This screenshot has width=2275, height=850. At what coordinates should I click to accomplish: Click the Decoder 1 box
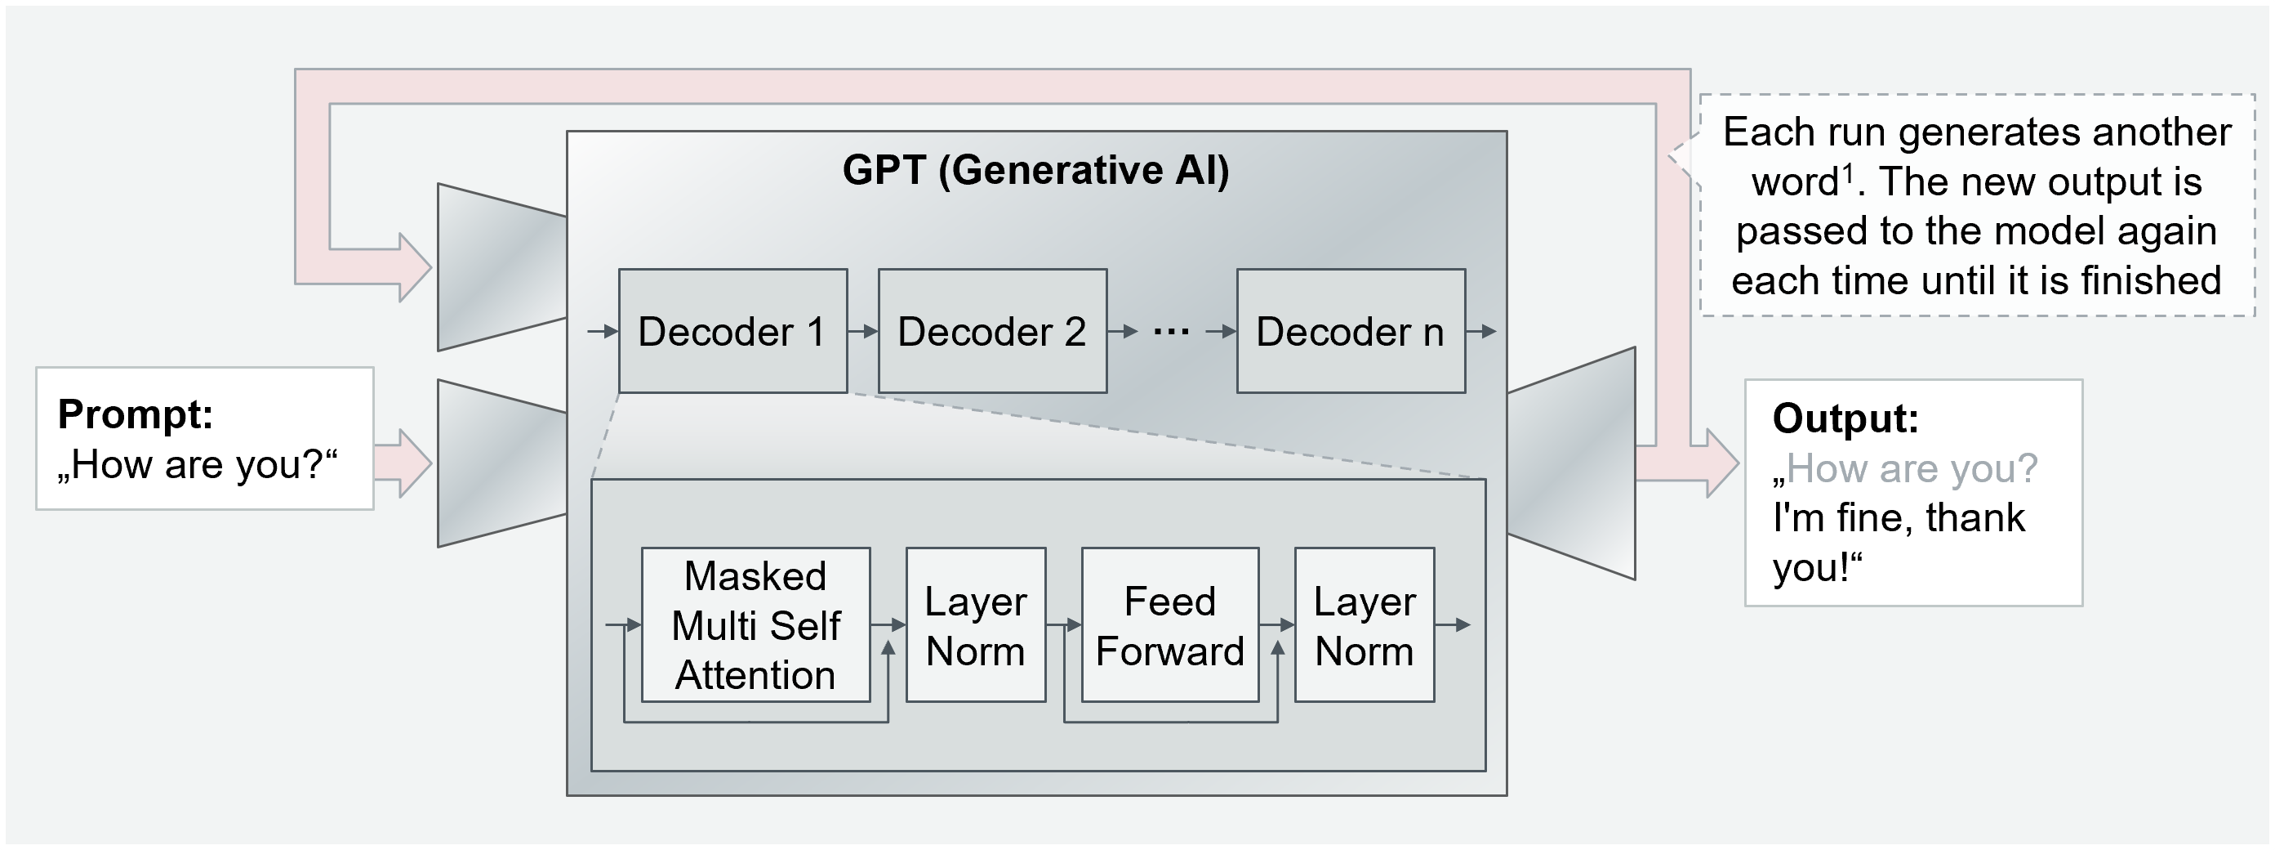pyautogui.click(x=732, y=330)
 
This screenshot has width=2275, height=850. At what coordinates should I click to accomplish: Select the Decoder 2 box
pyautogui.click(x=992, y=330)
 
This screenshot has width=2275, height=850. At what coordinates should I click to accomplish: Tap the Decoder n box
pyautogui.click(x=1351, y=330)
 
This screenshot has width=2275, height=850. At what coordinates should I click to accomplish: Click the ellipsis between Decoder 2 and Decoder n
pyautogui.click(x=1171, y=332)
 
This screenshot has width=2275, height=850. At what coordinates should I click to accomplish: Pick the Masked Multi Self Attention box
pyautogui.click(x=755, y=624)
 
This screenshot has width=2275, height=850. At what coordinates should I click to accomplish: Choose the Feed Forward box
pyautogui.click(x=1169, y=624)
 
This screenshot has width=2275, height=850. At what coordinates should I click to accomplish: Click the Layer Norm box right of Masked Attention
pyautogui.click(x=975, y=624)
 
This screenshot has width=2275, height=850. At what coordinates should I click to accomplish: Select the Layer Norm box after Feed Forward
pyautogui.click(x=1364, y=624)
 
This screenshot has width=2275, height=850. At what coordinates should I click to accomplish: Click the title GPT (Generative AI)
pyautogui.click(x=1035, y=170)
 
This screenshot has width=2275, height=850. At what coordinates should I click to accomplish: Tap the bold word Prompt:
pyautogui.click(x=135, y=414)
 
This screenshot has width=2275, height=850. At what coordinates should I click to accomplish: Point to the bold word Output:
pyautogui.click(x=1845, y=418)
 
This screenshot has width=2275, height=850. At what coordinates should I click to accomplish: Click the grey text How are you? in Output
pyautogui.click(x=1911, y=468)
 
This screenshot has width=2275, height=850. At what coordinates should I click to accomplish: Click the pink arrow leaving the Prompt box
pyautogui.click(x=403, y=463)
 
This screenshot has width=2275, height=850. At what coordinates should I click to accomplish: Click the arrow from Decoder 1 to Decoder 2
pyautogui.click(x=863, y=331)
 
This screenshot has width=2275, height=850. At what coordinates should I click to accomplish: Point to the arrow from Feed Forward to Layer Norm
pyautogui.click(x=1277, y=624)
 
